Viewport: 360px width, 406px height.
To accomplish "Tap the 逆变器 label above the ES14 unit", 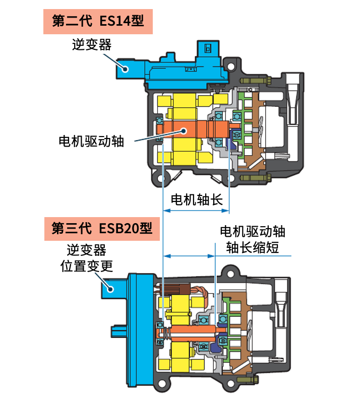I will pyautogui.click(x=91, y=45).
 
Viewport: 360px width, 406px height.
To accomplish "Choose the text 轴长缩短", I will pyautogui.click(x=253, y=248).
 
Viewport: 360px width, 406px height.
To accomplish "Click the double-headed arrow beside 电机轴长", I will pyautogui.click(x=197, y=211).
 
